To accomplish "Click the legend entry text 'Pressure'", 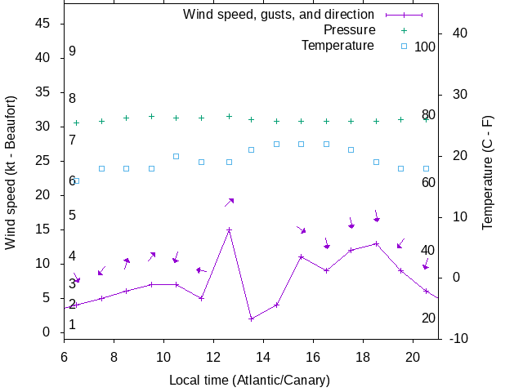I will [349, 30].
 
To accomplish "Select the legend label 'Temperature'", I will [337, 45].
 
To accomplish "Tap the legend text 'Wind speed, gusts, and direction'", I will [279, 15].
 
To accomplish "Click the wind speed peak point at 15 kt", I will [230, 229].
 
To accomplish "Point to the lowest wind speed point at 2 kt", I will [252, 318].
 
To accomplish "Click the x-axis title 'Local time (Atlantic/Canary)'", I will [250, 381].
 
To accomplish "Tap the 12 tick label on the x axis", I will [213, 356].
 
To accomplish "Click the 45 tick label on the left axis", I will [44, 24].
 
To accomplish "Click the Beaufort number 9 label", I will [72, 51].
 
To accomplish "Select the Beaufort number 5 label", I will [72, 216].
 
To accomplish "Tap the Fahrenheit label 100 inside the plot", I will [425, 47].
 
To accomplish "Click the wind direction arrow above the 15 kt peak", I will [230, 202].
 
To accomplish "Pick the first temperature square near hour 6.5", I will [76, 180].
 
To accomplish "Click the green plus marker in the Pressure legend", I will [403, 30].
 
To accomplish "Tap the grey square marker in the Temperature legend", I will [403, 46].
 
